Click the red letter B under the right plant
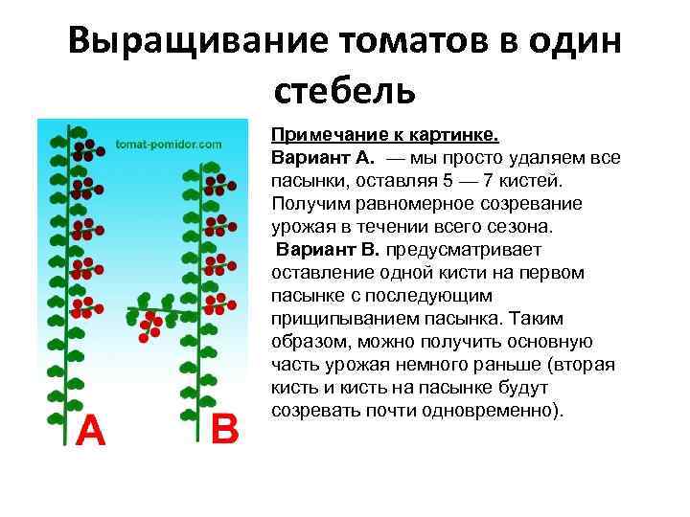coord(223,429)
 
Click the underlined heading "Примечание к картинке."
coord(384,135)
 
